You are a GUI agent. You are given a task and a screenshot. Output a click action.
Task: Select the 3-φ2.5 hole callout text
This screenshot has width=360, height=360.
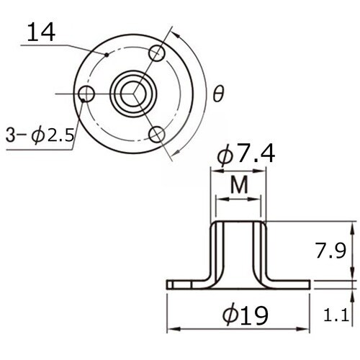[39, 135]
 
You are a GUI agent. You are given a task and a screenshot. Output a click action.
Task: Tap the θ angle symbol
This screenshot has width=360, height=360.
[218, 94]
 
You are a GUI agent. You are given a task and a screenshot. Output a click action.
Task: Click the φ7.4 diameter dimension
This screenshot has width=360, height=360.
[248, 155]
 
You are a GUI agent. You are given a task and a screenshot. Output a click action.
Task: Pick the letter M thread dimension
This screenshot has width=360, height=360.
[239, 186]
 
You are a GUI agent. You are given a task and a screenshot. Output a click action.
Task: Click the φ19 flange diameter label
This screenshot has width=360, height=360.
[246, 315]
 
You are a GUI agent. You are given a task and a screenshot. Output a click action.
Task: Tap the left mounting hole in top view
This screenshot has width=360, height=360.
[87, 94]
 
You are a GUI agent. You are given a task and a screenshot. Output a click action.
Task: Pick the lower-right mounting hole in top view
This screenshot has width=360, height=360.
[158, 134]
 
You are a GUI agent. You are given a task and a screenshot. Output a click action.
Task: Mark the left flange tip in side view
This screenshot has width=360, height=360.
[168, 284]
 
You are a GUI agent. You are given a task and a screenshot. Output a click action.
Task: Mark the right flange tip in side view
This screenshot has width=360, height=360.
[310, 284]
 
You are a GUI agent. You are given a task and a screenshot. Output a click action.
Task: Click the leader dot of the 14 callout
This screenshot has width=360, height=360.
[106, 54]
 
